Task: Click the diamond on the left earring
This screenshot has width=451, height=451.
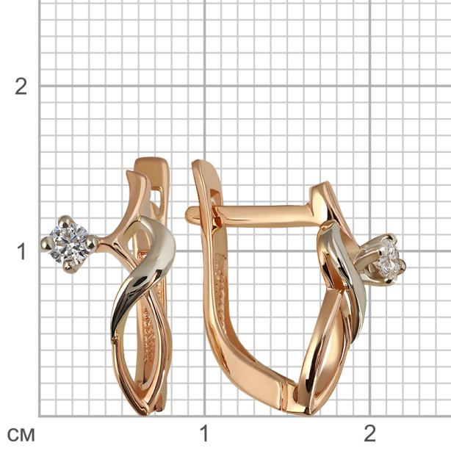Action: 69,244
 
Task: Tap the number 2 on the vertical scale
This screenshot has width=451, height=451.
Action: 21,86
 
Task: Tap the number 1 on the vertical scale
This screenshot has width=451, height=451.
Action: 21,251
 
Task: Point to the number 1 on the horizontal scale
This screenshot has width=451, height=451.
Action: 203,433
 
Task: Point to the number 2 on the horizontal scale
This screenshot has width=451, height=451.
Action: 369,433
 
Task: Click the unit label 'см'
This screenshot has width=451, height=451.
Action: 21,435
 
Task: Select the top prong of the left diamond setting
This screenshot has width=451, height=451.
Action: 65,221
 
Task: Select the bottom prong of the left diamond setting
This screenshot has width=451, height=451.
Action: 69,267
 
